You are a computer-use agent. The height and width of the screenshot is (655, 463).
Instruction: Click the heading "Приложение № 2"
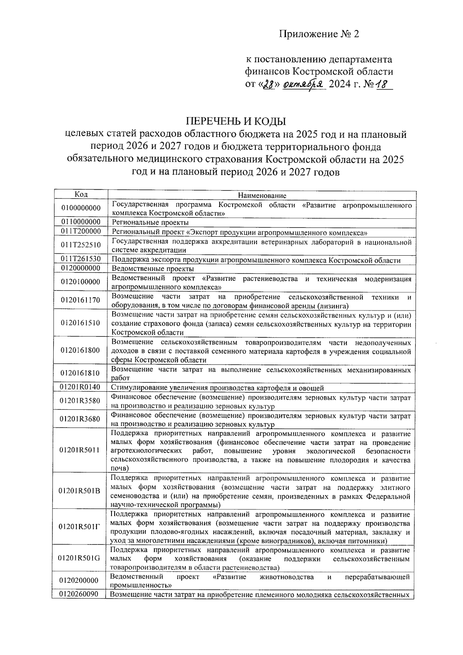click(x=319, y=34)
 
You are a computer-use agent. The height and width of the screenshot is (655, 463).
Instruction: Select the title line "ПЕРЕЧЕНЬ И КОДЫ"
click(x=236, y=121)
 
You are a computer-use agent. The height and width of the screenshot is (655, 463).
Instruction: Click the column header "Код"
click(x=81, y=194)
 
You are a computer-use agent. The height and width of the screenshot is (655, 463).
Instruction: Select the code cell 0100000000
click(x=81, y=209)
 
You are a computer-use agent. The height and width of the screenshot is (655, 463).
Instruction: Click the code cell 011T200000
click(x=81, y=231)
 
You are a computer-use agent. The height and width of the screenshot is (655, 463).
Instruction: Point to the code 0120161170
click(x=81, y=300)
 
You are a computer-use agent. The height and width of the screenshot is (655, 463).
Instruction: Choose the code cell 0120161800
click(x=81, y=350)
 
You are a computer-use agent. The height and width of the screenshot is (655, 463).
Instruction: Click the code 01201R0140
click(x=81, y=387)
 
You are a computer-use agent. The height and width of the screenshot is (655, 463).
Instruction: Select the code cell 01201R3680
click(x=81, y=419)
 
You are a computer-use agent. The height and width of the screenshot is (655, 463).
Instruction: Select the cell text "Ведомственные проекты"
click(x=152, y=268)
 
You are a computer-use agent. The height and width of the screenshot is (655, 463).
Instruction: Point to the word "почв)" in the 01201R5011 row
click(x=119, y=468)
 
